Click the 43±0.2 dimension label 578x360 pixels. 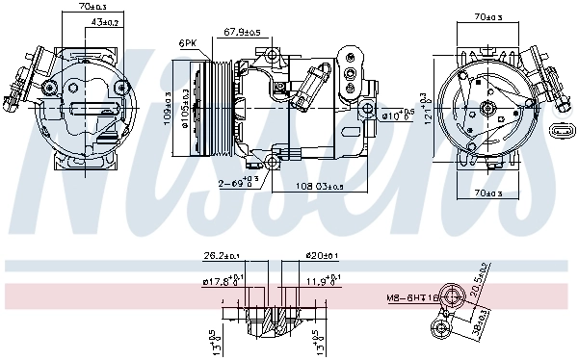click(x=105, y=21)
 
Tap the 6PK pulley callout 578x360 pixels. click(x=188, y=43)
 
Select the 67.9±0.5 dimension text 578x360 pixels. click(x=243, y=32)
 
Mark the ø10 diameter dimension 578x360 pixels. click(x=398, y=116)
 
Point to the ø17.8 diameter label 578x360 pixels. click(x=221, y=282)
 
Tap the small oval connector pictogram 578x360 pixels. click(x=560, y=131)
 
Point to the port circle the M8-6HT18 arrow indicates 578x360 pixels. click(x=449, y=297)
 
